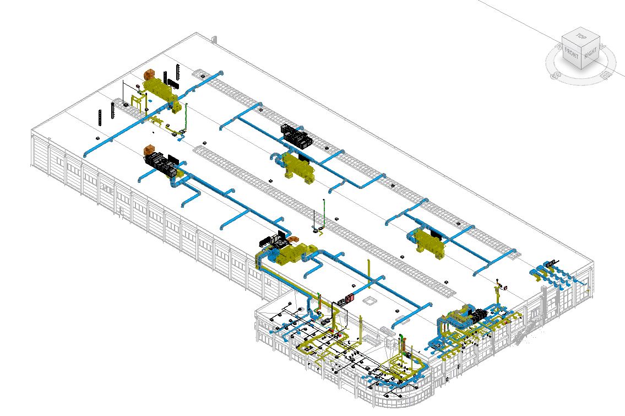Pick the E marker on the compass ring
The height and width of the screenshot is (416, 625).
[x=606, y=74]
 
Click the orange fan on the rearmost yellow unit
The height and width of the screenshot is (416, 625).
[x=149, y=74]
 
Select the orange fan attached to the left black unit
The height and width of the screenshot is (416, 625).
[x=149, y=150]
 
